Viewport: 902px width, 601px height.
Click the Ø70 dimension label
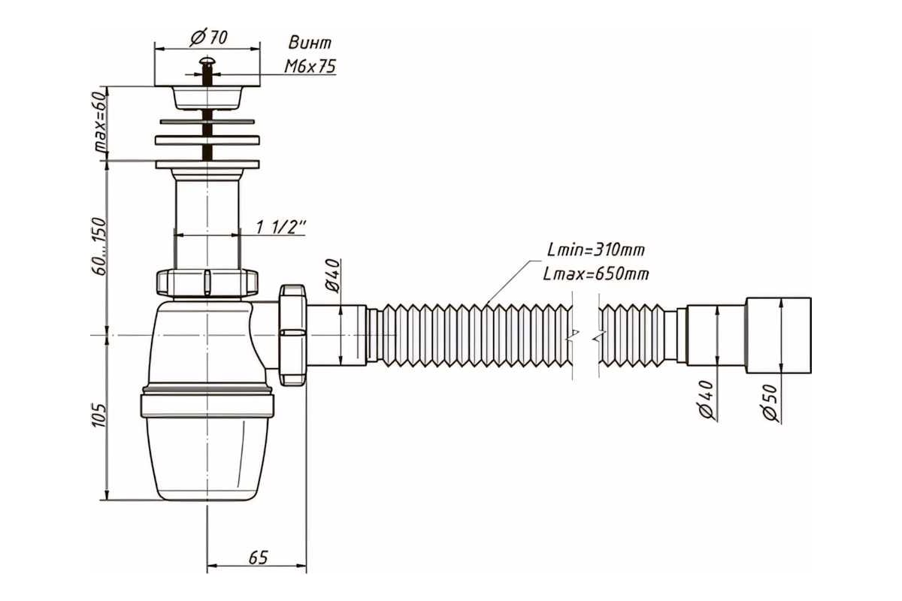tap(209, 38)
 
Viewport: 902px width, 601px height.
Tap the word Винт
tap(310, 43)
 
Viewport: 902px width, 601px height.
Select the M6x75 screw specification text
tap(310, 66)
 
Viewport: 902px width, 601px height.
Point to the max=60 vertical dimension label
tap(100, 122)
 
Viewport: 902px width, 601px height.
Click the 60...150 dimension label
tap(99, 246)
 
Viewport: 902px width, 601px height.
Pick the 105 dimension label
tap(99, 415)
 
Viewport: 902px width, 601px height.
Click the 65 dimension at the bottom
tap(258, 557)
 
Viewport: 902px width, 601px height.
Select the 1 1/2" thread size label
tap(281, 228)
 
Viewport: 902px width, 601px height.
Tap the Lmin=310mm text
tap(595, 250)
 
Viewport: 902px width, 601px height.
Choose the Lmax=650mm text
tap(596, 274)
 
